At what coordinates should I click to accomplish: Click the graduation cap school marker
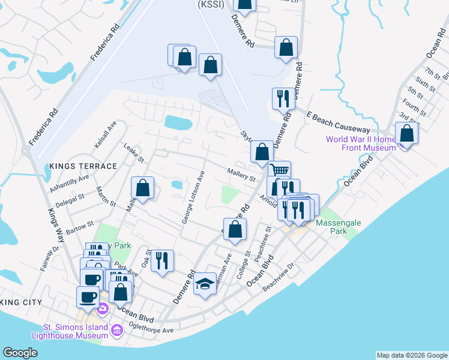(205, 285)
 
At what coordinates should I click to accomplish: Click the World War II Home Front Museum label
(360, 143)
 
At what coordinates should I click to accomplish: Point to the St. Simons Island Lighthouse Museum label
(74, 331)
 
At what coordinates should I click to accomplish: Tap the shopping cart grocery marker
(279, 171)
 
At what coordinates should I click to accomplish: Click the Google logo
(20, 353)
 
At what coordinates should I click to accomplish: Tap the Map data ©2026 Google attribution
(411, 355)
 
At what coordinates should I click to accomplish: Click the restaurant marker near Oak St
(161, 261)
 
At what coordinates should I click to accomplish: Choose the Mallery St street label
(241, 175)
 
